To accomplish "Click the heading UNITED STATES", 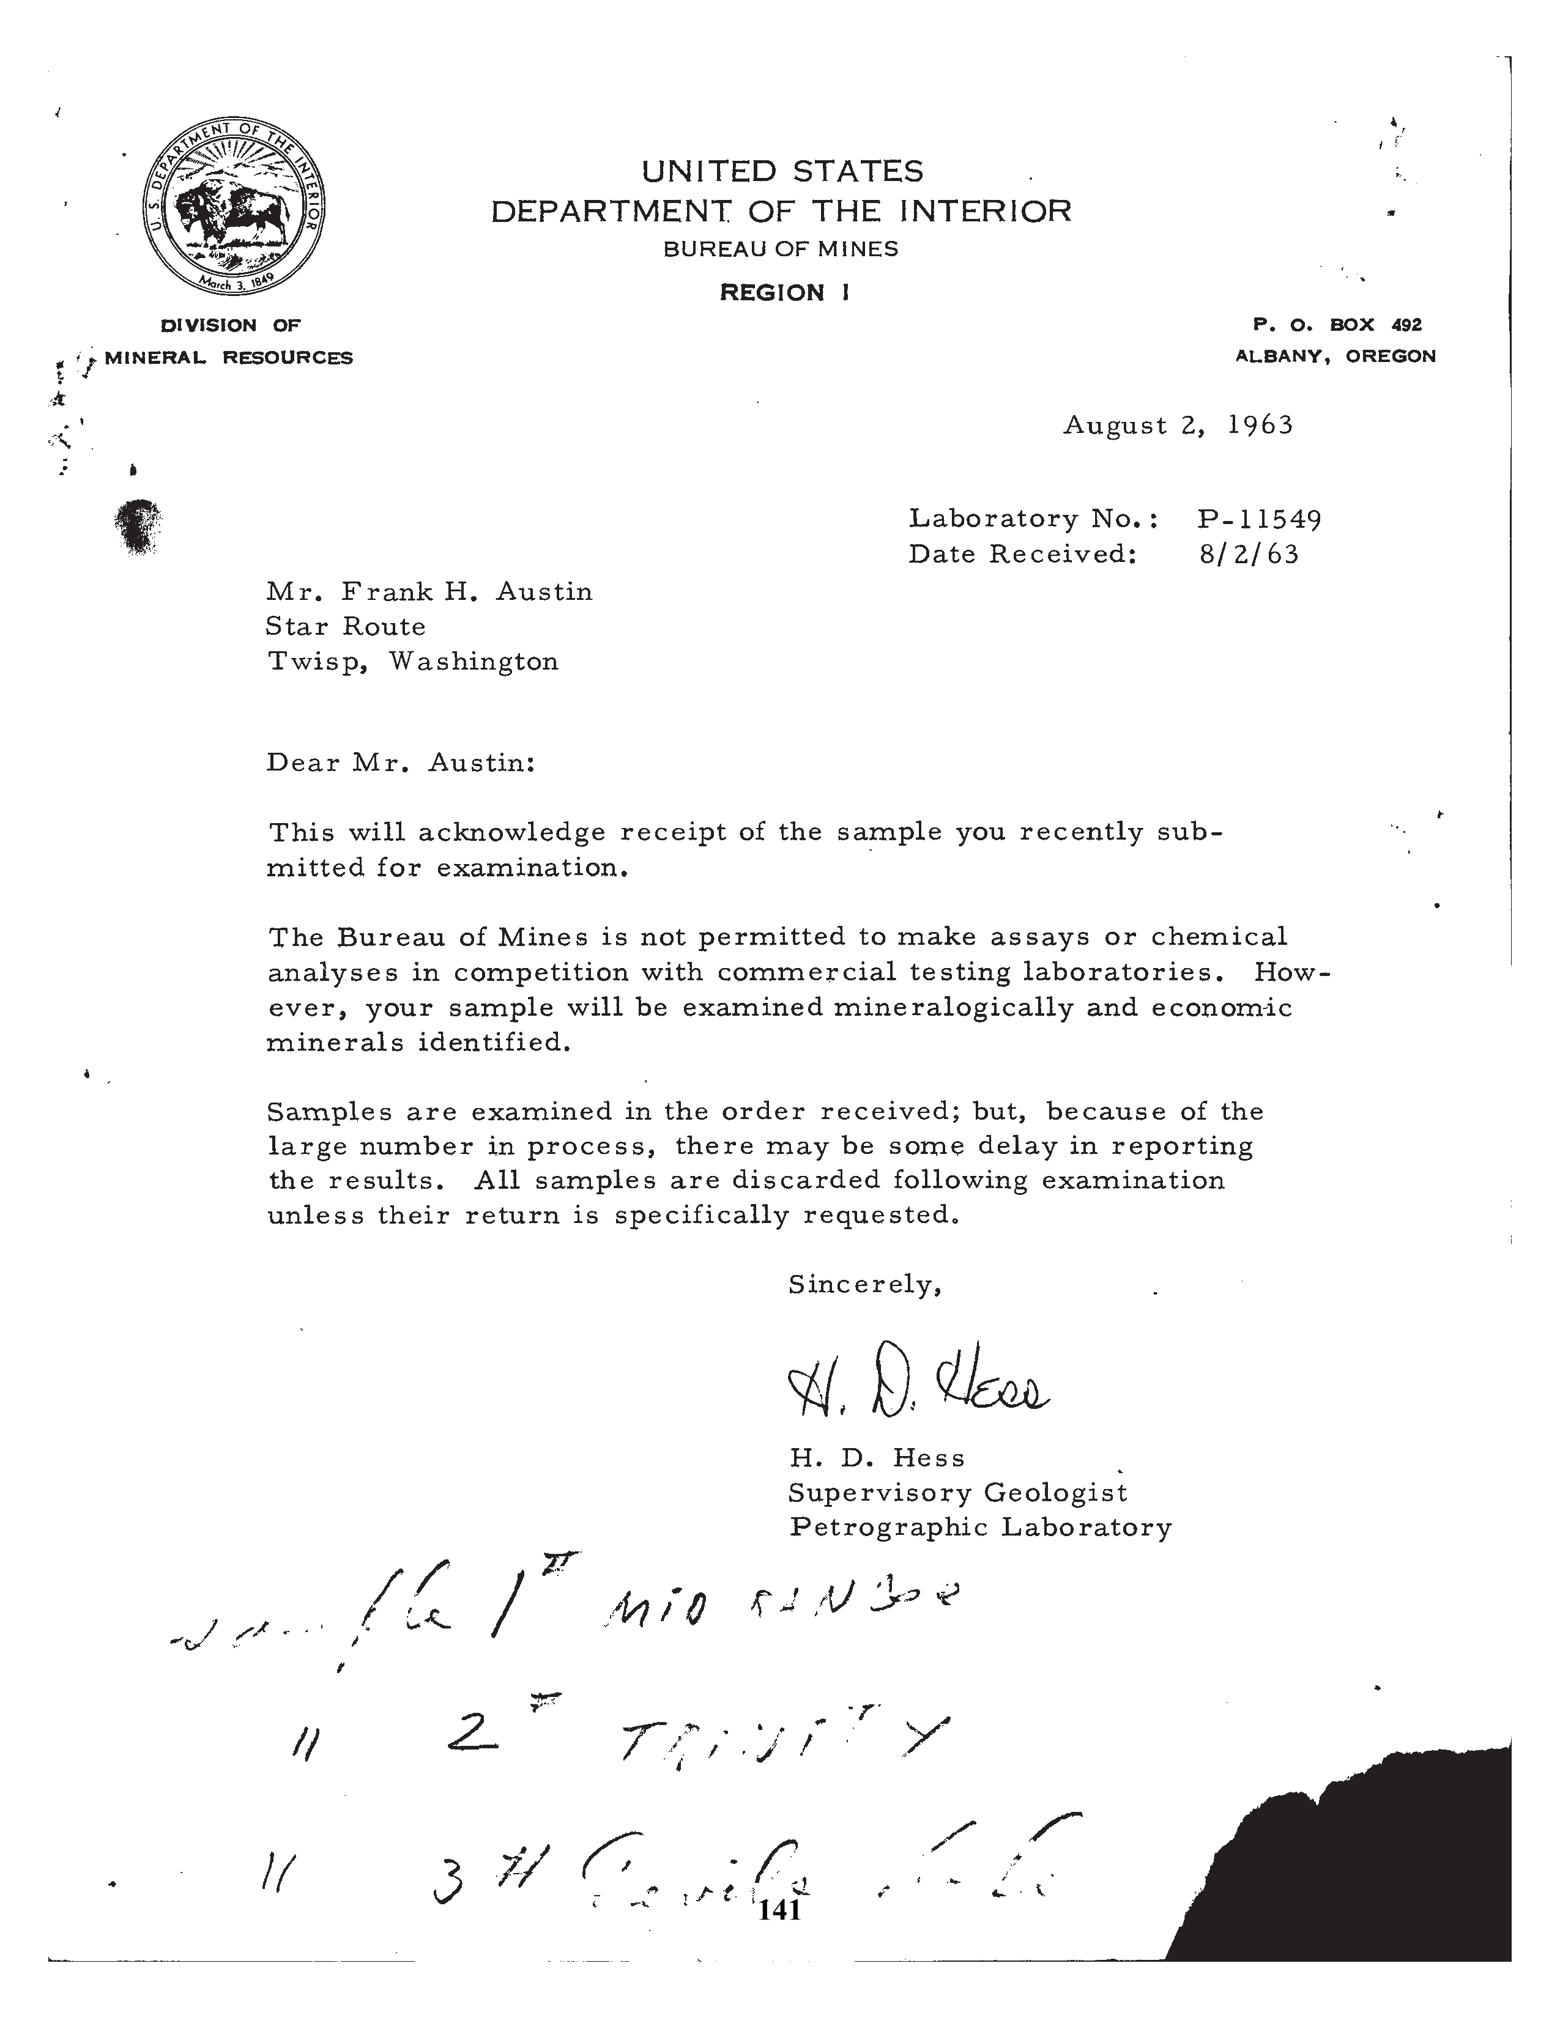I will coord(782,172).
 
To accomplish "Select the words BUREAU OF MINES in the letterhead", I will coord(781,248).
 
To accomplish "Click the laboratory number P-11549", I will coord(1259,519).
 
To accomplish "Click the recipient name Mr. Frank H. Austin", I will coord(429,591).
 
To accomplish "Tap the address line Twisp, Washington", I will coord(412,662).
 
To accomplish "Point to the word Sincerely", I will coord(864,1284).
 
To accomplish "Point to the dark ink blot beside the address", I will coord(139,526).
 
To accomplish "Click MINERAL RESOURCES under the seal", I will coord(228,358).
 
